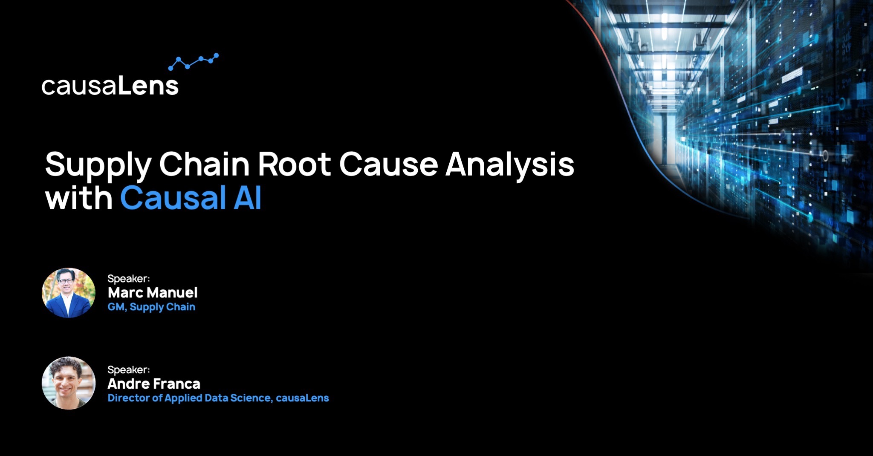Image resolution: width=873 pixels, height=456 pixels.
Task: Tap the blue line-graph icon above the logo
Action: click(194, 62)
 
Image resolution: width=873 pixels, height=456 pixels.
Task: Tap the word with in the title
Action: click(79, 198)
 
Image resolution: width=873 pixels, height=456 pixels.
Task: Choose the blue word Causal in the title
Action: click(173, 198)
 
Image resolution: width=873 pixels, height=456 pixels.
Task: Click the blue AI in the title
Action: click(247, 198)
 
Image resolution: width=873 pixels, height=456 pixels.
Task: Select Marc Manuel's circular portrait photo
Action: click(69, 293)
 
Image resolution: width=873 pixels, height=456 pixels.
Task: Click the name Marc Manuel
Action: click(153, 293)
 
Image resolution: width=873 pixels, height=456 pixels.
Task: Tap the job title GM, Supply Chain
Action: click(151, 307)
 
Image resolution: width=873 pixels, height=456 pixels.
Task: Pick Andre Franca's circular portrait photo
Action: click(69, 383)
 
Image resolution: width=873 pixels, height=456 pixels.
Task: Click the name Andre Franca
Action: click(154, 384)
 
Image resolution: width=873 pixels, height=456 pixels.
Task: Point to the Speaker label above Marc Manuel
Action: click(128, 279)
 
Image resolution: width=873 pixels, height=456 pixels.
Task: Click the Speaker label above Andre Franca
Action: click(128, 370)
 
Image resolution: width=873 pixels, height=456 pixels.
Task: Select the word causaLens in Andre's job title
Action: click(302, 398)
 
